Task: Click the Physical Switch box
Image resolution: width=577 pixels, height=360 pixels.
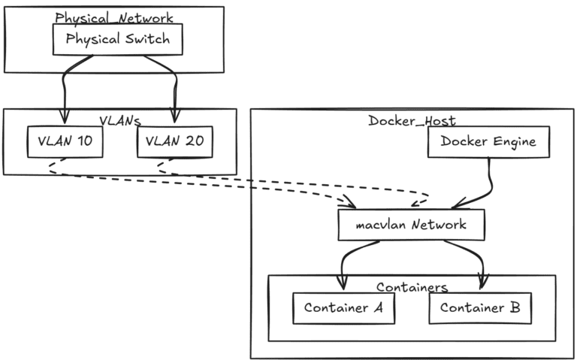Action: (118, 39)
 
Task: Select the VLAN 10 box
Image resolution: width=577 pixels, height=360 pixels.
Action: (65, 142)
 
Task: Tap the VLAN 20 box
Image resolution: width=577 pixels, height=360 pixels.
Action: (175, 142)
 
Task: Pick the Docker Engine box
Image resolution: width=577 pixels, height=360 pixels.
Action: (488, 142)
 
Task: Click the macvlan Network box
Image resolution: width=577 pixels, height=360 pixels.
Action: (412, 225)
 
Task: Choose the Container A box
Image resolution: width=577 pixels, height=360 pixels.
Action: (343, 308)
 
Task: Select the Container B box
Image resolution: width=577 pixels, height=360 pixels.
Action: (480, 308)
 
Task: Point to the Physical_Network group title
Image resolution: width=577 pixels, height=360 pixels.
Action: (114, 18)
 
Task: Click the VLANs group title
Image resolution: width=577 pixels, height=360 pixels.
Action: (120, 121)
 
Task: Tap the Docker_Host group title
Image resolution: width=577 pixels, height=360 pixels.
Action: (412, 121)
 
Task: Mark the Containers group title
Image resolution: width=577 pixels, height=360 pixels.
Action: (412, 287)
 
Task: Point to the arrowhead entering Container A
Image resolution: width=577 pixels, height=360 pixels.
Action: (343, 283)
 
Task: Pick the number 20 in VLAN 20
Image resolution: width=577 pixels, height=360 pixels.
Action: (194, 141)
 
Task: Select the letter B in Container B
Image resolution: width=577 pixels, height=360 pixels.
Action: (515, 307)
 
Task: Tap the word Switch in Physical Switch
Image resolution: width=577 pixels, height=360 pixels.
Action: (147, 38)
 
